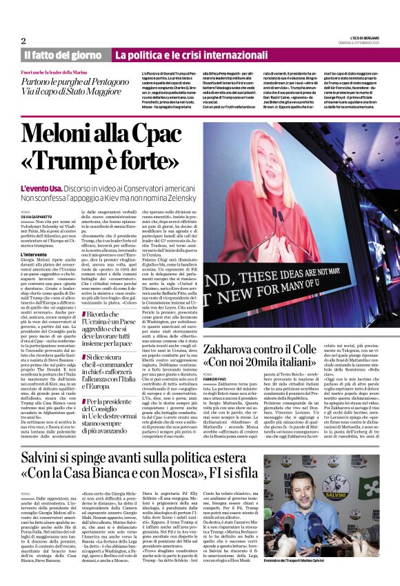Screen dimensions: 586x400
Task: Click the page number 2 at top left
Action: pyautogui.click(x=23, y=40)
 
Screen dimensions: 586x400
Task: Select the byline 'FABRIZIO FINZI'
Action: pyautogui.click(x=217, y=375)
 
